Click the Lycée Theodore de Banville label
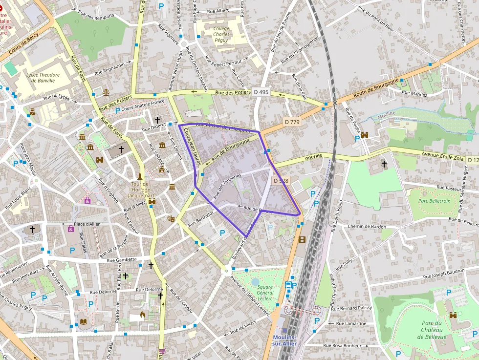43,78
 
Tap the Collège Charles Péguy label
221,34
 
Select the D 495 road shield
261,92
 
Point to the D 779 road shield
292,122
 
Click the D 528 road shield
281,181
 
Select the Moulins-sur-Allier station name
284,340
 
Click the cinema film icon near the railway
302,239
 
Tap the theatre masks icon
171,219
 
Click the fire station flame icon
143,315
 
